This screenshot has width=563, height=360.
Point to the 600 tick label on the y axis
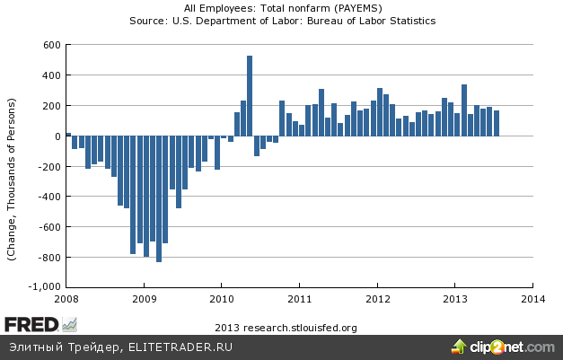coord(49,45)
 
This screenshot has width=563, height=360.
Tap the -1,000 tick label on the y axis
coord(44,287)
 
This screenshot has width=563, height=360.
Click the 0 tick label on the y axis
coord(56,136)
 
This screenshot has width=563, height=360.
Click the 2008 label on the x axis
coord(67,299)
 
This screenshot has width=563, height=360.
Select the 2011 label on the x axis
coord(299,299)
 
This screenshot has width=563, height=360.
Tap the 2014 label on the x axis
coord(532,299)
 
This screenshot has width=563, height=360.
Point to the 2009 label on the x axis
coord(144,299)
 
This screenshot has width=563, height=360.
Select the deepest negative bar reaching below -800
coord(159,199)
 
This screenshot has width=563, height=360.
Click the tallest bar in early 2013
coord(464,110)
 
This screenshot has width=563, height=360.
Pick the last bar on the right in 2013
coord(497,124)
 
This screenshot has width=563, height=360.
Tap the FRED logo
coord(28,324)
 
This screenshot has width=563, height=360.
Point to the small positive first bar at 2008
coord(68,135)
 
